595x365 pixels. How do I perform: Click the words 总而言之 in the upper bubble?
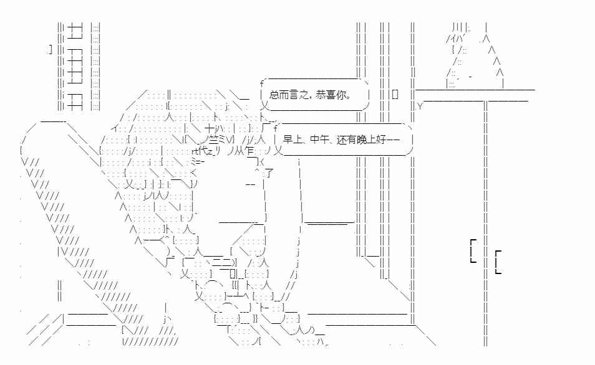point(289,95)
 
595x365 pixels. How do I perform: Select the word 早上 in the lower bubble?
point(293,140)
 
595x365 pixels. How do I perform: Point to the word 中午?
point(319,140)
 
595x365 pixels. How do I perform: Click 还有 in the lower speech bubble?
point(346,140)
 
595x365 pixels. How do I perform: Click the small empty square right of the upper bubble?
point(395,95)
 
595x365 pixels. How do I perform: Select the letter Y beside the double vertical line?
point(420,107)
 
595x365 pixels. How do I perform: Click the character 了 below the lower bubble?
point(269,174)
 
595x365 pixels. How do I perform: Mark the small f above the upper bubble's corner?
point(262,83)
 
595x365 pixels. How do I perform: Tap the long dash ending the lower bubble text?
point(393,140)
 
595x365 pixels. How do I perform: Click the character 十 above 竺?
point(210,128)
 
